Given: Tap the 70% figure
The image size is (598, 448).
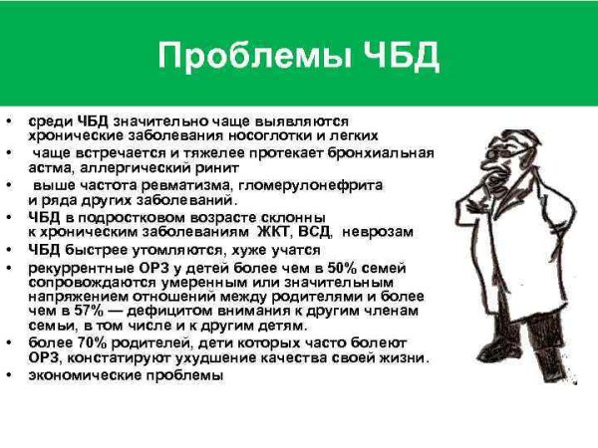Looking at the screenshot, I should [81, 342].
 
